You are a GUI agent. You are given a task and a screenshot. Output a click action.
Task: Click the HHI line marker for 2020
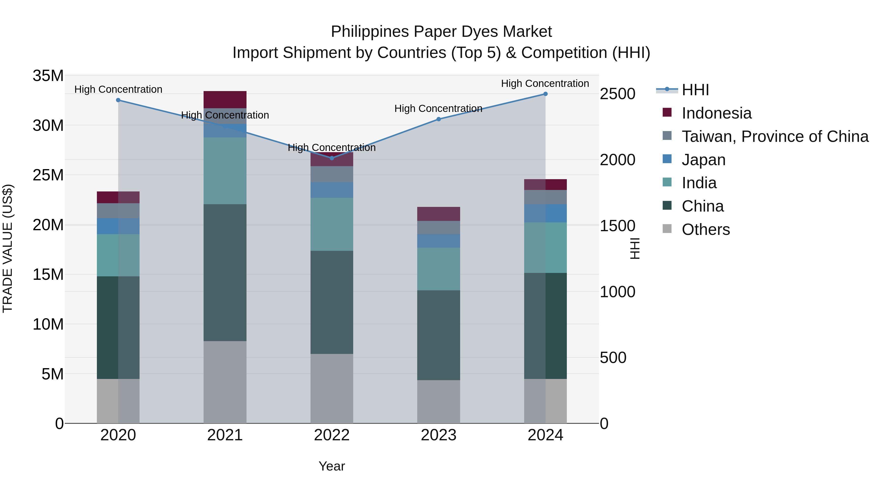[118, 100]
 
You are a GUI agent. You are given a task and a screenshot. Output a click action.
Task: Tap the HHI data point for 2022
[332, 158]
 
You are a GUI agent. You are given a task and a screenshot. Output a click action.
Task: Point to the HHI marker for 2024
[545, 94]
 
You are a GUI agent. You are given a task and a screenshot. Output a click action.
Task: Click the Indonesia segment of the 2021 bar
[225, 99]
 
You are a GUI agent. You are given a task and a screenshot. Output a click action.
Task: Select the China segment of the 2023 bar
[438, 335]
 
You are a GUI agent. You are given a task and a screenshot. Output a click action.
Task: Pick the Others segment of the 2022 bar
[332, 388]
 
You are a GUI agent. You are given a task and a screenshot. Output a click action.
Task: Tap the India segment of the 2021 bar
[225, 171]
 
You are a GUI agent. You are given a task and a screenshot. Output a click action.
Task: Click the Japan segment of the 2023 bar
[438, 241]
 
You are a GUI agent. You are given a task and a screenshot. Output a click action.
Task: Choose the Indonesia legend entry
[716, 113]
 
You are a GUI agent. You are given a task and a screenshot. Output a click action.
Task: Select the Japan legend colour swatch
[667, 159]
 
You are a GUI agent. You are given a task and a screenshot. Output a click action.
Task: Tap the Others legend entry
[705, 229]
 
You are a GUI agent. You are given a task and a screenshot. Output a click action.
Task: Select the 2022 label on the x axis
[332, 435]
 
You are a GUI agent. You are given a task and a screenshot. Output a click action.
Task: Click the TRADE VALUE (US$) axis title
[8, 248]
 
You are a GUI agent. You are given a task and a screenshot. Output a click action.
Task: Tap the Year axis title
[332, 466]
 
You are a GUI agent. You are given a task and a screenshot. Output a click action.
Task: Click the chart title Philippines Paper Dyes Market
[441, 32]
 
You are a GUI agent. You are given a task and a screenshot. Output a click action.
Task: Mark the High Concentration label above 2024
[545, 83]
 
